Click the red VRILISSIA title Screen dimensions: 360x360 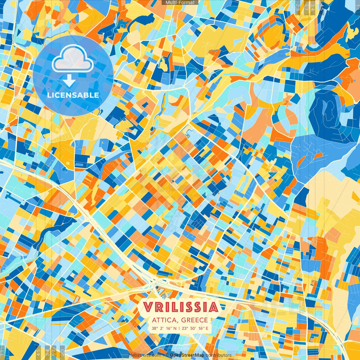[180, 307]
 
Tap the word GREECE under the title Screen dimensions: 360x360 [195, 320]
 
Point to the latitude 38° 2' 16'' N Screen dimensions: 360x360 [164, 328]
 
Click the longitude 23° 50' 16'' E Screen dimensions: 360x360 [196, 328]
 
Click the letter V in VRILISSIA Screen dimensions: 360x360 [148, 307]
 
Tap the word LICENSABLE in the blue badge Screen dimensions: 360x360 [73, 95]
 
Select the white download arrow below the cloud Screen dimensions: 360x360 [69, 81]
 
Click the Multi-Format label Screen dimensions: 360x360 [180, 3]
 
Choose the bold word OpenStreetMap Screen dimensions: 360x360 [187, 355]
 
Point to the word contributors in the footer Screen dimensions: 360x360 [219, 355]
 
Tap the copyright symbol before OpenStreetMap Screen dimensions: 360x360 [167, 355]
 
